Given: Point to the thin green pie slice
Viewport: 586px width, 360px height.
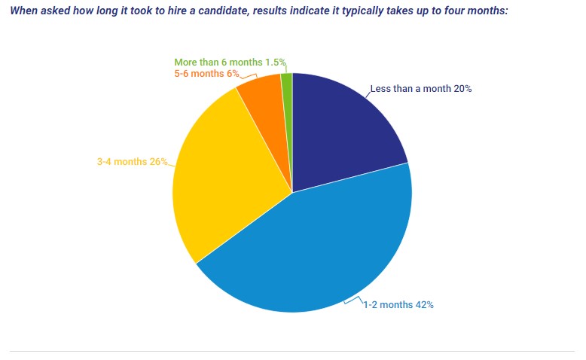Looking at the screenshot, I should click(287, 83).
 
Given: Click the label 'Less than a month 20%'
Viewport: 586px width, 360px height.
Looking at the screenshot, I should click(420, 89).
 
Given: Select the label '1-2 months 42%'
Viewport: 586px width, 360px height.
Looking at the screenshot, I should click(398, 305).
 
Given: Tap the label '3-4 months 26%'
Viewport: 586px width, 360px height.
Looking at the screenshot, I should click(133, 161).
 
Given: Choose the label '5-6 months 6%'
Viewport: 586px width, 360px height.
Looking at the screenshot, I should click(206, 74).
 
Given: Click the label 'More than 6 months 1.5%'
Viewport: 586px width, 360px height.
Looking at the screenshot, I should click(230, 63).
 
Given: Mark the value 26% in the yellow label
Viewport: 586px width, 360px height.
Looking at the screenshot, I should click(158, 161).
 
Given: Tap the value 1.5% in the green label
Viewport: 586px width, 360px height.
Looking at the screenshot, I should click(275, 63).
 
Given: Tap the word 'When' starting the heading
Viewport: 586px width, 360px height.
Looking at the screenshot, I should click(23, 12).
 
